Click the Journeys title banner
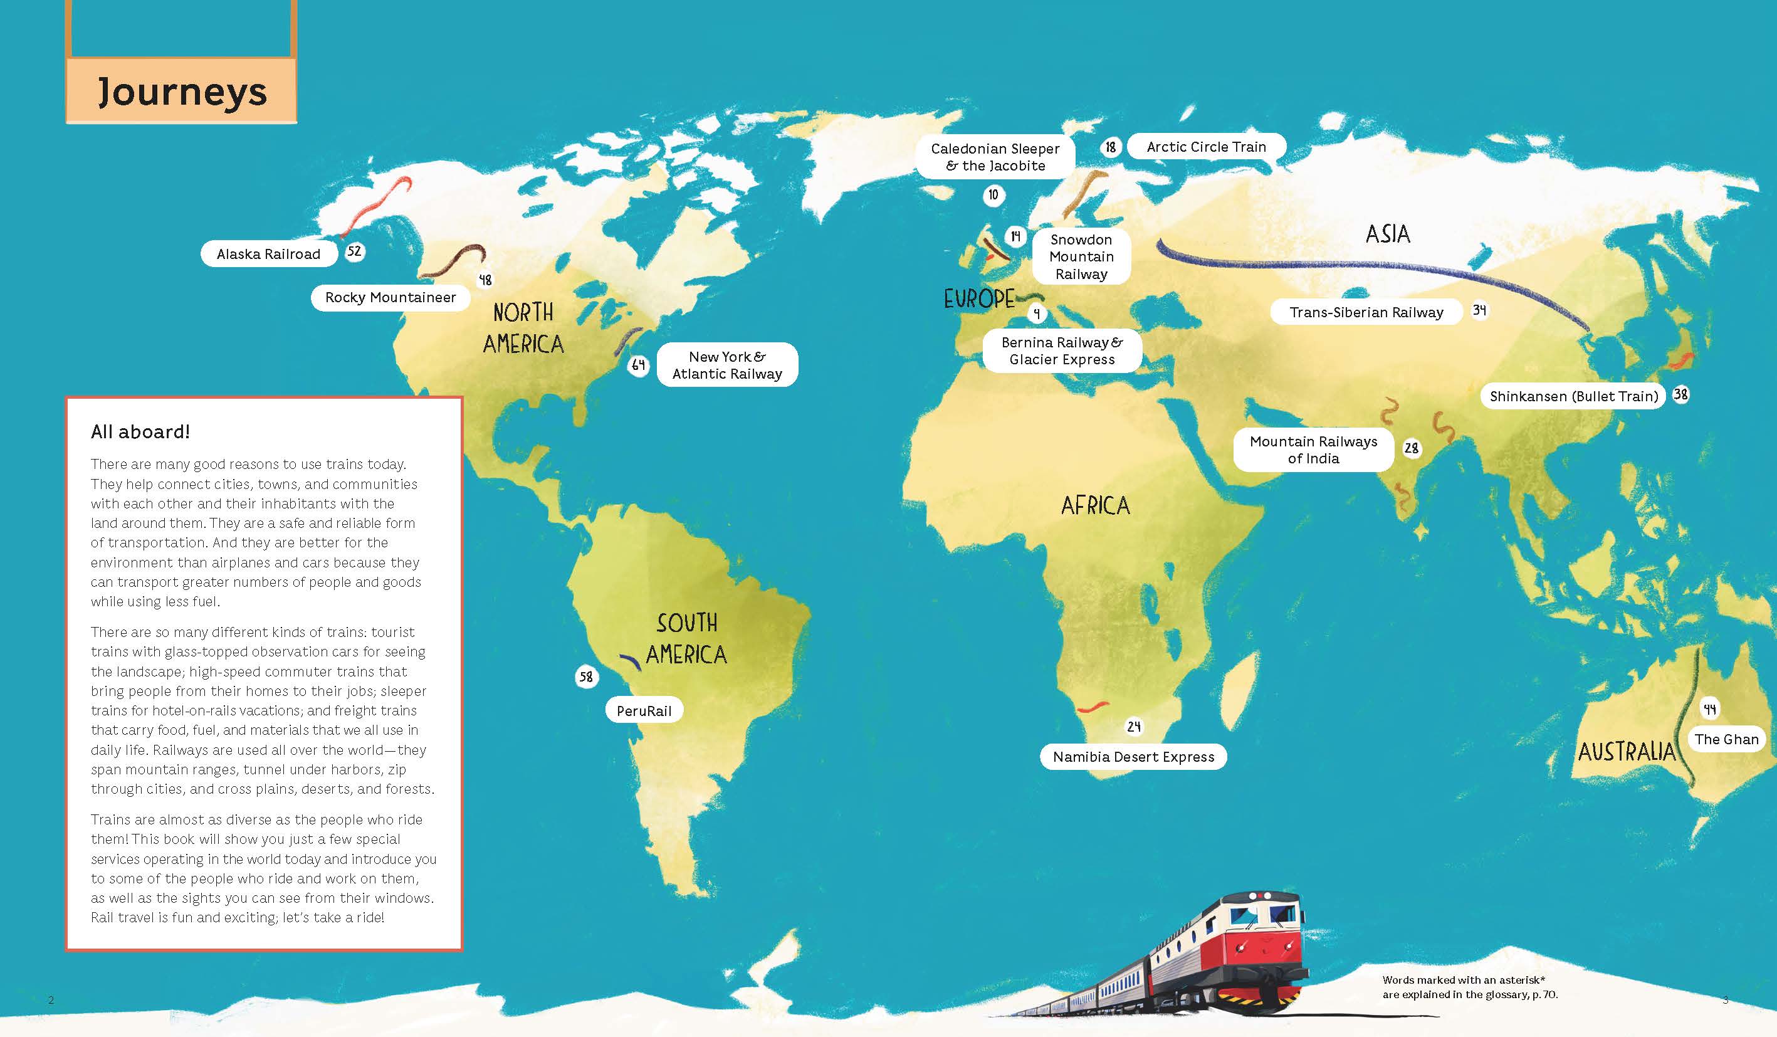181,92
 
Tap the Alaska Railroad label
268,254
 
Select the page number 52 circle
354,251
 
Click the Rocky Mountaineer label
390,298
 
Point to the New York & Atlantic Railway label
727,365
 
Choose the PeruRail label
643,711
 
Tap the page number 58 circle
586,677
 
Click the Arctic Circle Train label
1206,147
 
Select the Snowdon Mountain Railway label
1081,257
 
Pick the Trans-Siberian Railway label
1366,312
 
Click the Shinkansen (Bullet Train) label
1573,396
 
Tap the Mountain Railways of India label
1313,450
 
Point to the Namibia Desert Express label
1133,757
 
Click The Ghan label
1726,739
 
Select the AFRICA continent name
1095,506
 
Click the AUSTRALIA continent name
1626,752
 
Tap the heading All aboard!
140,432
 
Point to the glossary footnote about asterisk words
1469,987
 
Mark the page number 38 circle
1681,394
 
